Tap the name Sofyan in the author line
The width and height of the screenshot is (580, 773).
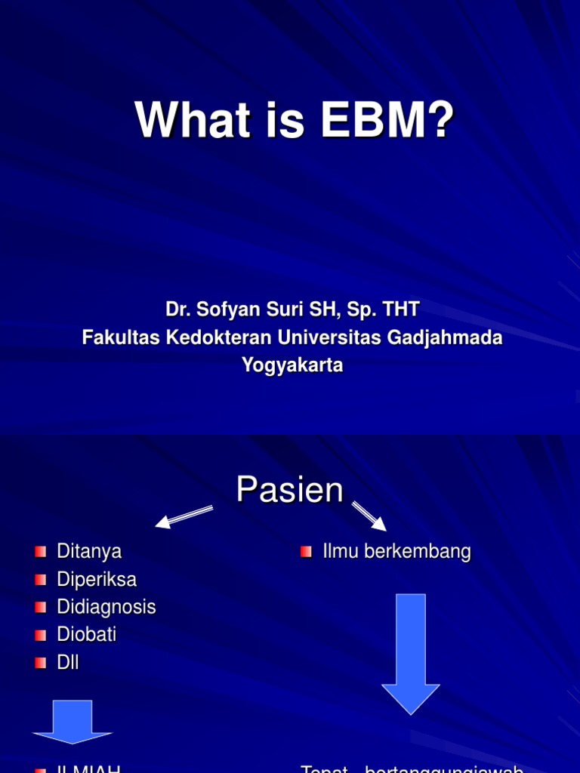222,310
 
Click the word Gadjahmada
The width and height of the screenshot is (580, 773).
445,337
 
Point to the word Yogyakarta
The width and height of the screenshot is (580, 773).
292,365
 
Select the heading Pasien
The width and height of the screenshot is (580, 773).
289,491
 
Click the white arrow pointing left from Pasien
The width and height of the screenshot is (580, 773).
184,516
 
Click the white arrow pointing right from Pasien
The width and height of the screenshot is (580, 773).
369,516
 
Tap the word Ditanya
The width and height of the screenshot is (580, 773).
89,552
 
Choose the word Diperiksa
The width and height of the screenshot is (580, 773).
97,580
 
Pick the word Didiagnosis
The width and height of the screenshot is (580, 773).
106,607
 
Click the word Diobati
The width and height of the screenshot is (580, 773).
87,635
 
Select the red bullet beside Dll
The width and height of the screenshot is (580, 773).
41,663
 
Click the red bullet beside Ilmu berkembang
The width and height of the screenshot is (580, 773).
306,552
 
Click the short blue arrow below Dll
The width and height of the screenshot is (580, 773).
72,721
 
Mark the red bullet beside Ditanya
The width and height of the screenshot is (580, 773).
41,552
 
